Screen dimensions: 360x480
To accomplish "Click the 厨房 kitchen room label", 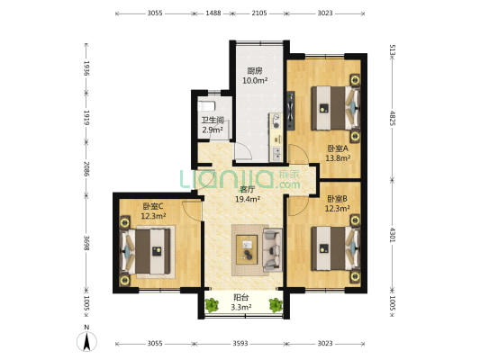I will (x=255, y=71).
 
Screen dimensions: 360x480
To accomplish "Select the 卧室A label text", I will (x=337, y=148).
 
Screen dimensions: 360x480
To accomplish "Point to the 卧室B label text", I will (x=337, y=199).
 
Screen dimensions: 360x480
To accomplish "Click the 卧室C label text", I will (x=153, y=206).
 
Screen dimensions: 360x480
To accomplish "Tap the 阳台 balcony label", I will (x=240, y=298).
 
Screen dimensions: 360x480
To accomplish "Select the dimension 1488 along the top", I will (x=213, y=14).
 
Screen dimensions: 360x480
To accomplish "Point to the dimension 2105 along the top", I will (x=258, y=14).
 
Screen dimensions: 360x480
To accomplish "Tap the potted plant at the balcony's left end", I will (x=211, y=305).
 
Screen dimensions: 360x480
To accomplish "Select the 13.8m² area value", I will (x=337, y=157).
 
